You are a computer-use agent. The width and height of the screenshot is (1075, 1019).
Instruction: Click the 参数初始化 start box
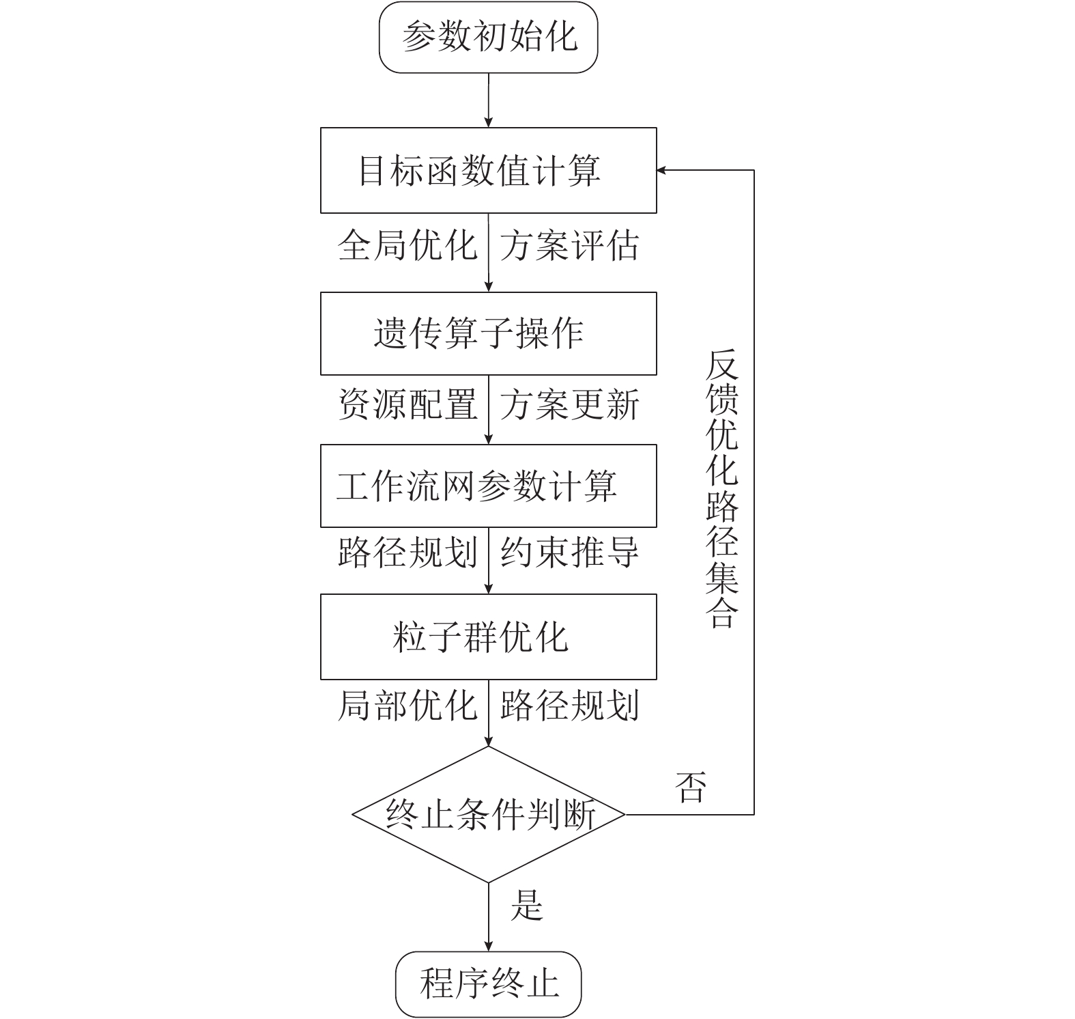point(488,37)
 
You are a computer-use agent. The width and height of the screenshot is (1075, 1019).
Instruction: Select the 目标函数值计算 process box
point(488,170)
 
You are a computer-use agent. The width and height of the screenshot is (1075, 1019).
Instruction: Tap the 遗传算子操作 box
point(488,333)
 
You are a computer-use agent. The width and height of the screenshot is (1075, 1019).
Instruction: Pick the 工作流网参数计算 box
point(488,486)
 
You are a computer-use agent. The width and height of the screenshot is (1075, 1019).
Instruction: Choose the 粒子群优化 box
point(488,637)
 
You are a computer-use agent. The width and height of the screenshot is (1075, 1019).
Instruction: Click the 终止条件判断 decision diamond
point(488,814)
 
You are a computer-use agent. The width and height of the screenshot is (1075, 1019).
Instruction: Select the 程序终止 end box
point(488,984)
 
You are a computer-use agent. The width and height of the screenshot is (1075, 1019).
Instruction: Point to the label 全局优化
point(407,245)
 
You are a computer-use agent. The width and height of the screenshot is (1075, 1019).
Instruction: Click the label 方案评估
point(569,245)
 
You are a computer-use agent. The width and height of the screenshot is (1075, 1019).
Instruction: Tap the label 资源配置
point(407,404)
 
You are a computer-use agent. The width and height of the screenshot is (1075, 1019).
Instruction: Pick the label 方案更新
point(569,404)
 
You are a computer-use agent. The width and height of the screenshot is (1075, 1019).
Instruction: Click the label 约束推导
point(569,552)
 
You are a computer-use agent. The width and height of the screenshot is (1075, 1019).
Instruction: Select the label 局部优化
point(407,705)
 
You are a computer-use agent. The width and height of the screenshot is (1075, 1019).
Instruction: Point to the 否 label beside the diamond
point(689,787)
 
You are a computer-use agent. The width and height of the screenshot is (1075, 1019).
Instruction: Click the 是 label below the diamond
point(526,906)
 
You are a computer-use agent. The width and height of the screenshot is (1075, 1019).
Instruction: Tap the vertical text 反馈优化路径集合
point(721,488)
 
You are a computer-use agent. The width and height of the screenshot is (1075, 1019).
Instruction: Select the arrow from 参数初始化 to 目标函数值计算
point(489,100)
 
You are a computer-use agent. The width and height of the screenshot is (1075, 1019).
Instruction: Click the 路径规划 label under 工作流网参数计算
point(407,552)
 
